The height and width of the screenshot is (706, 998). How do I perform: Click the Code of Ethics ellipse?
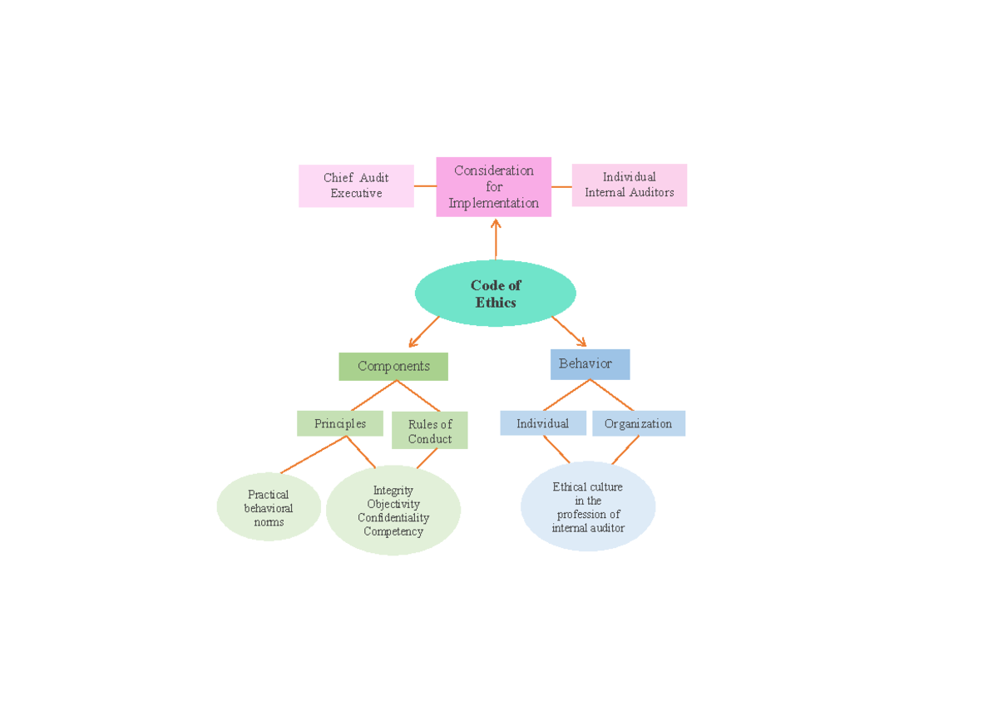(x=496, y=294)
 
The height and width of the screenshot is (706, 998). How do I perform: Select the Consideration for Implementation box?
(x=494, y=187)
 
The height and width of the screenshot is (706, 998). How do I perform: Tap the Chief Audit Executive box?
(x=356, y=185)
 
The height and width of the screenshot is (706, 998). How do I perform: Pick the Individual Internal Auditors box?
(x=630, y=185)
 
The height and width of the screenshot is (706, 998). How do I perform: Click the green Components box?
(x=393, y=366)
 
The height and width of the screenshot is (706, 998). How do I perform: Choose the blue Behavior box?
(x=590, y=364)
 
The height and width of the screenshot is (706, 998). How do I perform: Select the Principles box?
(x=339, y=423)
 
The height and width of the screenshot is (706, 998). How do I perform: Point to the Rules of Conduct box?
(x=429, y=431)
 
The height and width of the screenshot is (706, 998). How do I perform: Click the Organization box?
(x=638, y=423)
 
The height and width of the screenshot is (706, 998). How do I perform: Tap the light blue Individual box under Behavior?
(x=542, y=423)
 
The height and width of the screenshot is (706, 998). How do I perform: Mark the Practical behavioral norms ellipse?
(x=269, y=507)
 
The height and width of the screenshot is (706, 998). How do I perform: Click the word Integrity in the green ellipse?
(x=393, y=491)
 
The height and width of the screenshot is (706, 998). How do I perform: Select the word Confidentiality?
(x=393, y=518)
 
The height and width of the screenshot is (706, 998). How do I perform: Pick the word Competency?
(x=393, y=531)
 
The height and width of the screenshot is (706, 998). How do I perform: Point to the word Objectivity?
(x=393, y=504)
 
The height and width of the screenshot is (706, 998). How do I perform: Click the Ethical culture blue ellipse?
(x=588, y=507)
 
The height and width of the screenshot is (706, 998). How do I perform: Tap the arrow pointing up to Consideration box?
(x=496, y=239)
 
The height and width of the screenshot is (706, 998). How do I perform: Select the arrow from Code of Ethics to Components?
(x=424, y=331)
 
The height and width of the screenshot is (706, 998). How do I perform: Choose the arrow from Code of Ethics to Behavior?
(x=569, y=331)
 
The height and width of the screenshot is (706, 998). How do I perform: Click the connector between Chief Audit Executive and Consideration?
(x=425, y=186)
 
